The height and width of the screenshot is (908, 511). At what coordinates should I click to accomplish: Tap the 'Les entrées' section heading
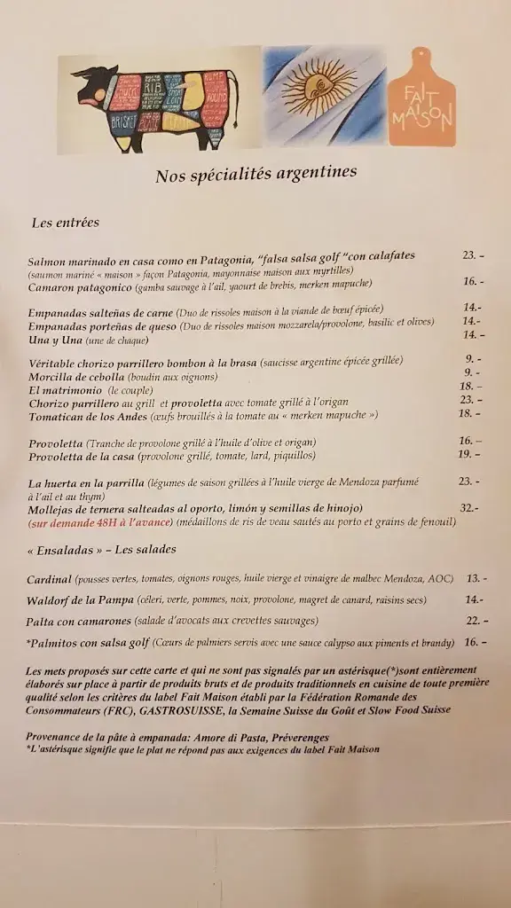(x=65, y=223)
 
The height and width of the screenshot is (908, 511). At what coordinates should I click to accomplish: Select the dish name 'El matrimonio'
(x=65, y=388)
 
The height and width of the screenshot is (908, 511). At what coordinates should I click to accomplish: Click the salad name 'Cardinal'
(x=50, y=579)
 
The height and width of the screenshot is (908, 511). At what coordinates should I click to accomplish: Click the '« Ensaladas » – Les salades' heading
(x=101, y=550)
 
